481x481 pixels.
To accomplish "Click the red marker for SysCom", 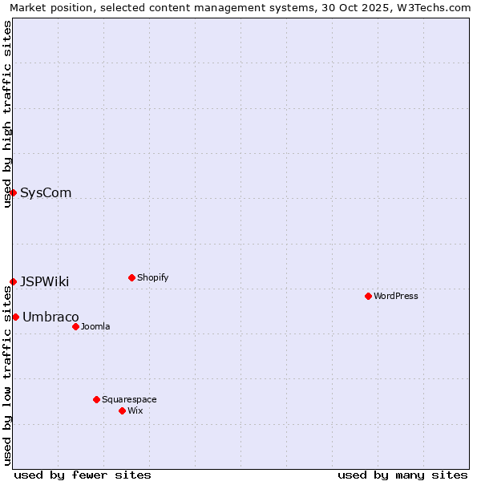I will [x=13, y=192].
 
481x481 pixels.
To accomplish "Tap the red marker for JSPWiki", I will [x=13, y=281].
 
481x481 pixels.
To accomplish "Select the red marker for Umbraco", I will [x=15, y=317].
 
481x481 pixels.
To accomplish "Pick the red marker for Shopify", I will [x=131, y=277].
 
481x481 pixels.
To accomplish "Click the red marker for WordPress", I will [x=368, y=296].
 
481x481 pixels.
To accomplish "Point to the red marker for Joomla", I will [x=75, y=326].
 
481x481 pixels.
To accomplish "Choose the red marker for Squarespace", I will [x=96, y=399].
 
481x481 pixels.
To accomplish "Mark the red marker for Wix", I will [x=122, y=410].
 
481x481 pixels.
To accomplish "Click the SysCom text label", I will [x=46, y=192].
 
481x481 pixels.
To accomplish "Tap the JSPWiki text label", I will [x=44, y=281].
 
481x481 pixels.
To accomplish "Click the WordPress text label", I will [x=396, y=296].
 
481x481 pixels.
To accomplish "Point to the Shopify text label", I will [x=152, y=277].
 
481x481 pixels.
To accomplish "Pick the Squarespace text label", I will [x=129, y=399].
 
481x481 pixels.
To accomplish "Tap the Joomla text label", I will [x=95, y=326].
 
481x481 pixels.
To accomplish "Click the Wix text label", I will [x=135, y=410].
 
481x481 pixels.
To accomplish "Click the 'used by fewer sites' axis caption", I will [x=83, y=475].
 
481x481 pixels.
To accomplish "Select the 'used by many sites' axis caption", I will [x=402, y=475].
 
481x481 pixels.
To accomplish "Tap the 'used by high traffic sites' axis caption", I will [x=7, y=114].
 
